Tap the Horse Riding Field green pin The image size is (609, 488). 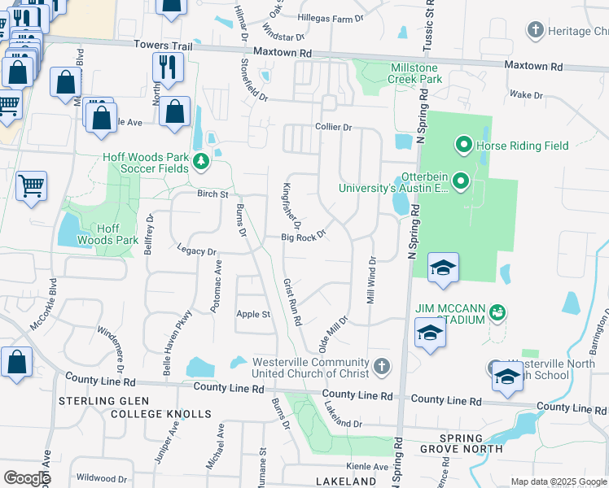click(464, 146)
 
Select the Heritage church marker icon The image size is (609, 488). click(535, 31)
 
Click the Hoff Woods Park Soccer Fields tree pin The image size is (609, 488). click(201, 163)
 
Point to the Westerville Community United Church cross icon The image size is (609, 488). click(382, 364)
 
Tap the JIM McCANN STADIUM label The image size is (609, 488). click(451, 313)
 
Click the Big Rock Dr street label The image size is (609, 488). click(303, 237)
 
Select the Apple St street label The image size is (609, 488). click(252, 314)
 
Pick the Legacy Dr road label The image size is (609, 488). click(197, 252)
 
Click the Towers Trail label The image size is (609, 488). click(165, 46)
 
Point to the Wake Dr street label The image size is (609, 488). click(526, 95)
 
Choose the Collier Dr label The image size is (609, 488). click(333, 128)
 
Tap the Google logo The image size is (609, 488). click(26, 478)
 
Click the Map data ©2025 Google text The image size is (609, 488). click(558, 481)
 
